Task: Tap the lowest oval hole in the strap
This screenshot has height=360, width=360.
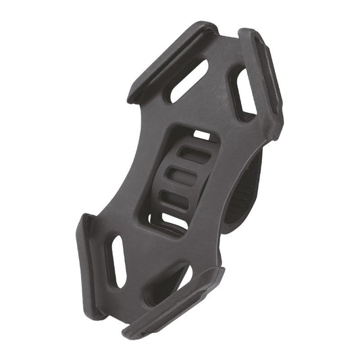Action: point(174,201)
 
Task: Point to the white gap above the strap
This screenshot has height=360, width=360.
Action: point(202,136)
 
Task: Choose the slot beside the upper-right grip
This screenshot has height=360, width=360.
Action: point(243,91)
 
